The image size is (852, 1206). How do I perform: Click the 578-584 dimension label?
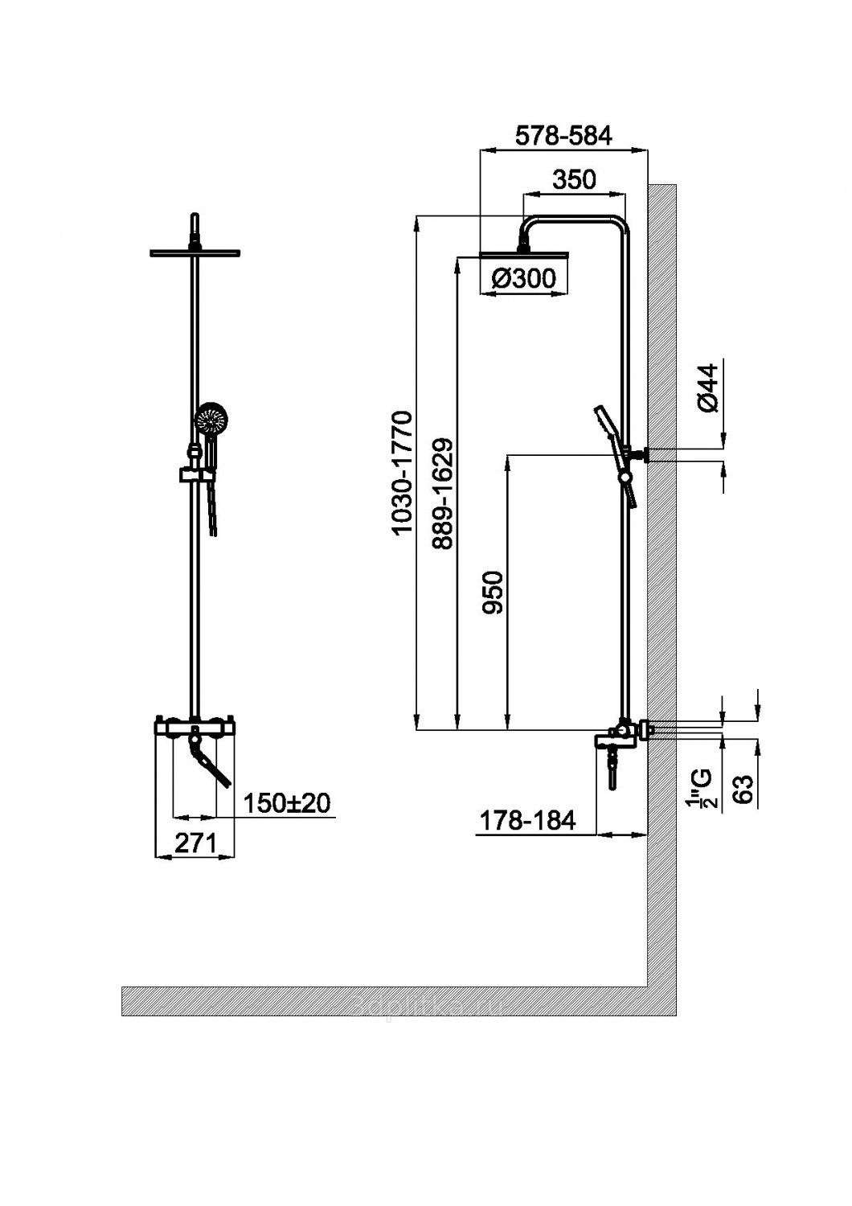pos(563,136)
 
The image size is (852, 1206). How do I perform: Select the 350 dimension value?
pos(575,179)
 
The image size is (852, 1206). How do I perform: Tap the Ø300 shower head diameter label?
pos(522,279)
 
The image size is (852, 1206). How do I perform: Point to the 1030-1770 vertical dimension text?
pos(401,473)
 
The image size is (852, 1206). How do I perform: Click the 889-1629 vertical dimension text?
pos(441,494)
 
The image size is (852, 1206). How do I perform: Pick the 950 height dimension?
pos(492,593)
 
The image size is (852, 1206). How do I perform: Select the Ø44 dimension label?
pos(707,389)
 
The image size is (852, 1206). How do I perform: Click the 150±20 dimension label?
pos(286,802)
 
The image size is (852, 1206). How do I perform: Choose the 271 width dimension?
pos(195,843)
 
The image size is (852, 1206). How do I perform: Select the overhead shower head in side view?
pos(524,256)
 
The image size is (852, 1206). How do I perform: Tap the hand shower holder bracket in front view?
pos(191,475)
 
